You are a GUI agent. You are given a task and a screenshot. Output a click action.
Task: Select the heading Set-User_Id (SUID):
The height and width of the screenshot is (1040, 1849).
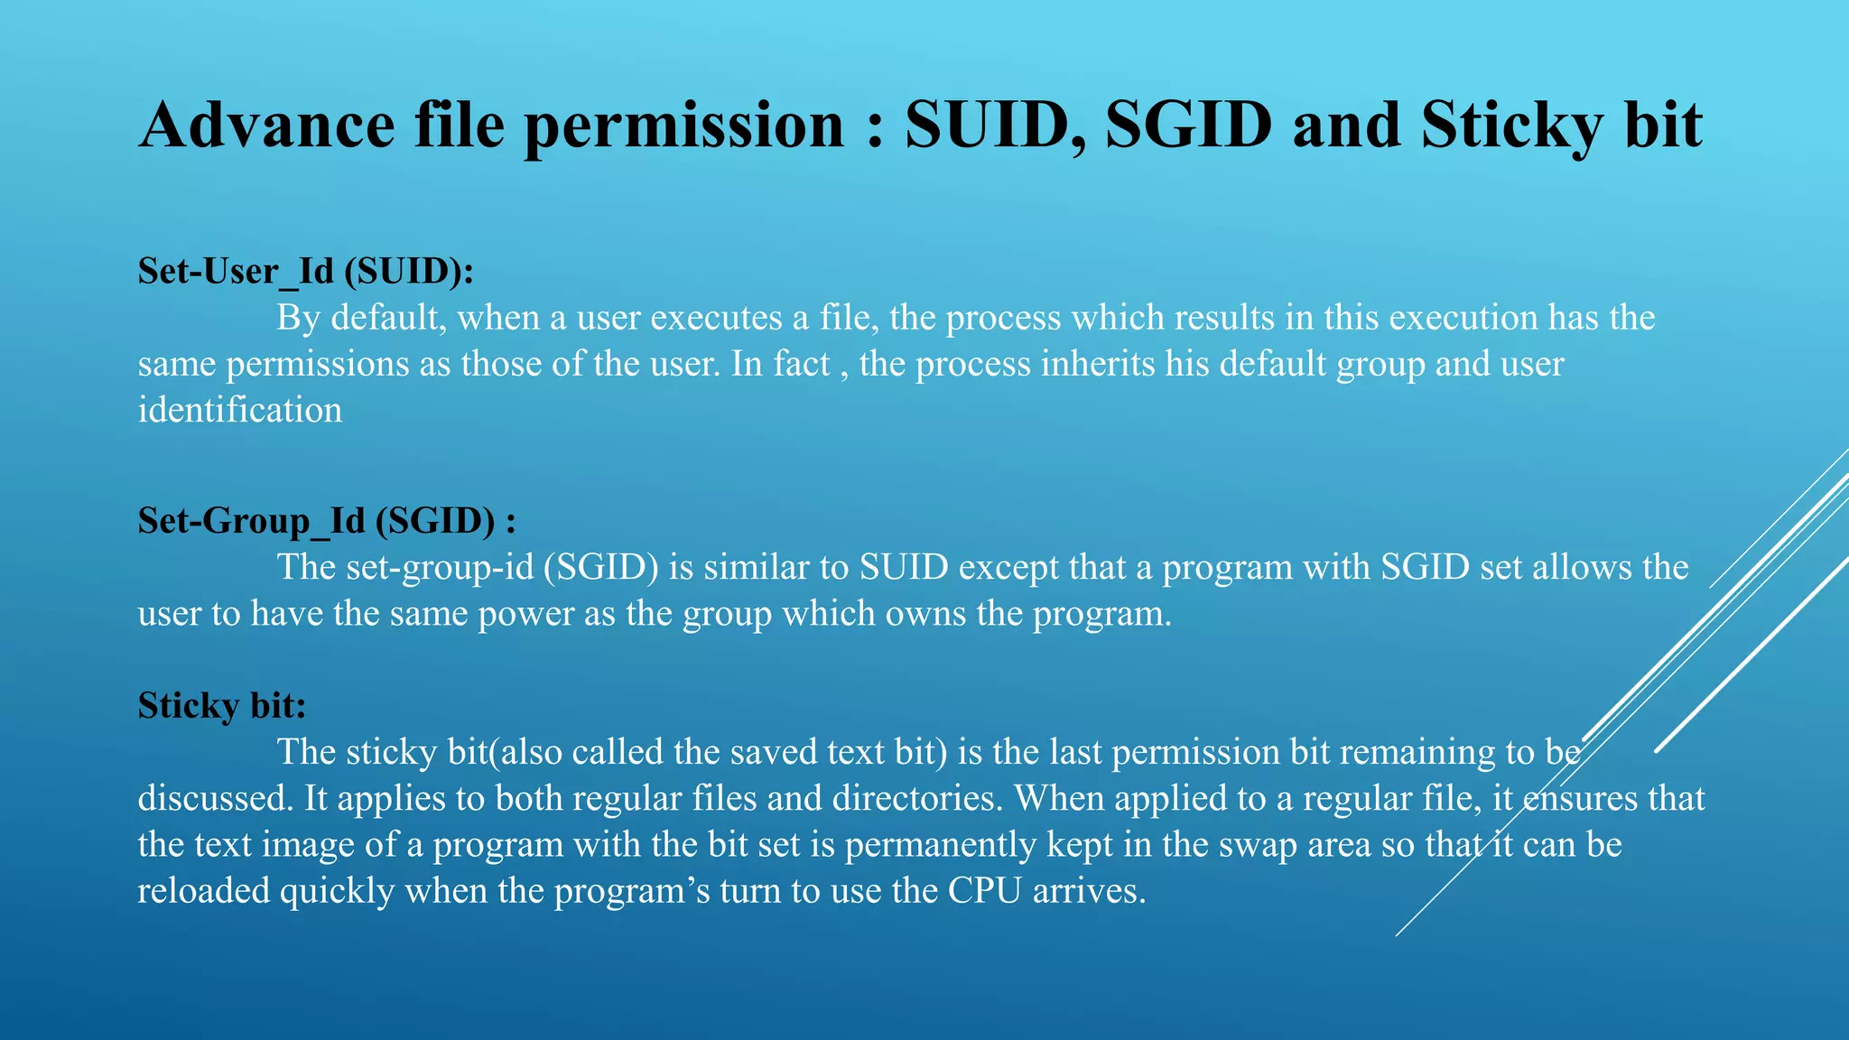coord(305,271)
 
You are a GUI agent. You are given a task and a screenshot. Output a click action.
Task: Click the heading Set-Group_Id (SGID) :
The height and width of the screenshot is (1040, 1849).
coord(326,521)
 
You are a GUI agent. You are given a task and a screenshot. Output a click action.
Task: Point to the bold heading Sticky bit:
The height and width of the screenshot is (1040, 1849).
coord(222,705)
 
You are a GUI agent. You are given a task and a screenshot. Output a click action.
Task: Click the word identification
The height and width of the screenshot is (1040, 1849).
coord(240,410)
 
